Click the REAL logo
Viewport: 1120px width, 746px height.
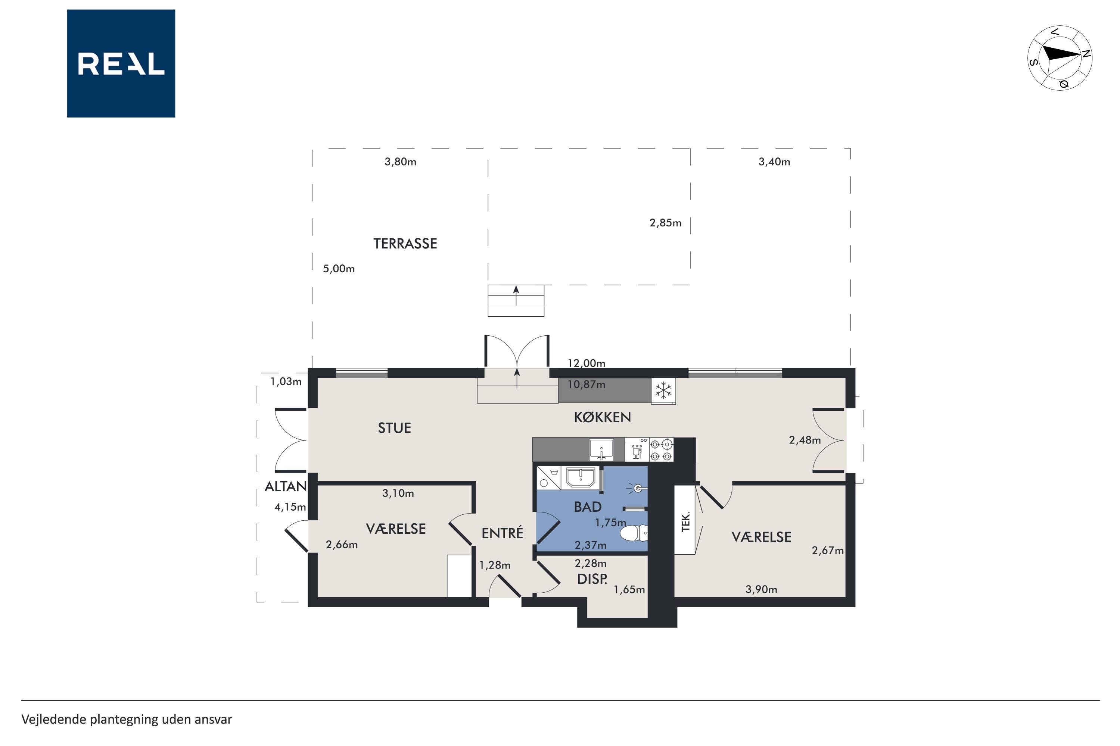coord(121,63)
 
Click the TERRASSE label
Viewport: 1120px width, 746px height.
coord(405,244)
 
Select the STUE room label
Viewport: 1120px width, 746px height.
coord(394,428)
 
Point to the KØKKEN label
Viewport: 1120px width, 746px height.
coord(603,417)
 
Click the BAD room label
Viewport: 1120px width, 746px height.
coord(588,507)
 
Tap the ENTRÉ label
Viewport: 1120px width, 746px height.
coord(503,533)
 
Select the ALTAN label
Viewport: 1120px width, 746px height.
coord(286,486)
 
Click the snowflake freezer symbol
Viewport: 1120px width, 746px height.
coord(663,390)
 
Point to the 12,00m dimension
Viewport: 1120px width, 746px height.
coord(586,363)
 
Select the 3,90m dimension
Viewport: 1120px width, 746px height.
coord(761,589)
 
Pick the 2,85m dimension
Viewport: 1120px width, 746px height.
coord(665,223)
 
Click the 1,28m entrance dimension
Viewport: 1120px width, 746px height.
coord(494,565)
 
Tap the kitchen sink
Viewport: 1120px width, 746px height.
coord(601,449)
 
